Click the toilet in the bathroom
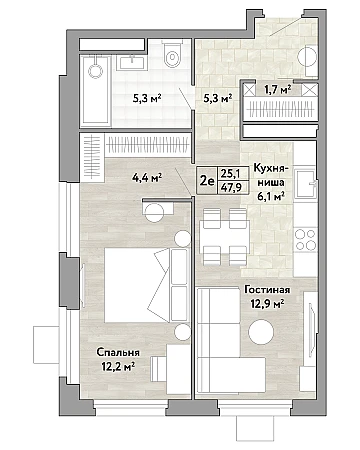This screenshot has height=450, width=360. pos(172,54)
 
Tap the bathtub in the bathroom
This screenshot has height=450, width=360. pos(95,90)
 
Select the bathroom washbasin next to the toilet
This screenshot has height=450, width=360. pos(132,63)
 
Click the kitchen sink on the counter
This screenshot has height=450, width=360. pos(305,184)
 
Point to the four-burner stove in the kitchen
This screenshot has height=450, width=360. pos(306,239)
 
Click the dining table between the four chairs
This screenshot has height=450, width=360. pos(224,237)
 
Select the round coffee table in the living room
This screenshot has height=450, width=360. pos(261,332)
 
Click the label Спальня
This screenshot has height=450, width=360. pos(118,353)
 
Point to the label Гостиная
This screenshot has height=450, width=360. pos(267,290)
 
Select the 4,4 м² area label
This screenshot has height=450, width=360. pos(147,178)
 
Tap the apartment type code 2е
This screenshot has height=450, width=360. pos(207,181)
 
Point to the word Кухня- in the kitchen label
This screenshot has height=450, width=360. pos(270,168)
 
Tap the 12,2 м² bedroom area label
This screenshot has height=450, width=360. pos(118,367)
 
